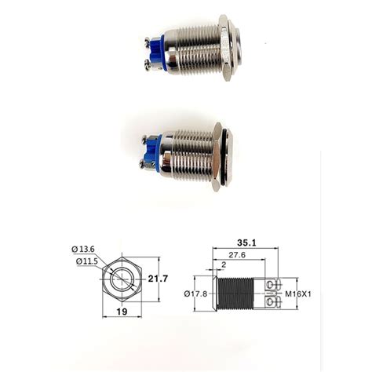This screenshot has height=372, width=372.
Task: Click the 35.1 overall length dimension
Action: click(x=247, y=243)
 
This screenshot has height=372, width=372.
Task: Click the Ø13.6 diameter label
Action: click(x=84, y=250)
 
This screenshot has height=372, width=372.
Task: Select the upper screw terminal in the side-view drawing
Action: click(x=274, y=285)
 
